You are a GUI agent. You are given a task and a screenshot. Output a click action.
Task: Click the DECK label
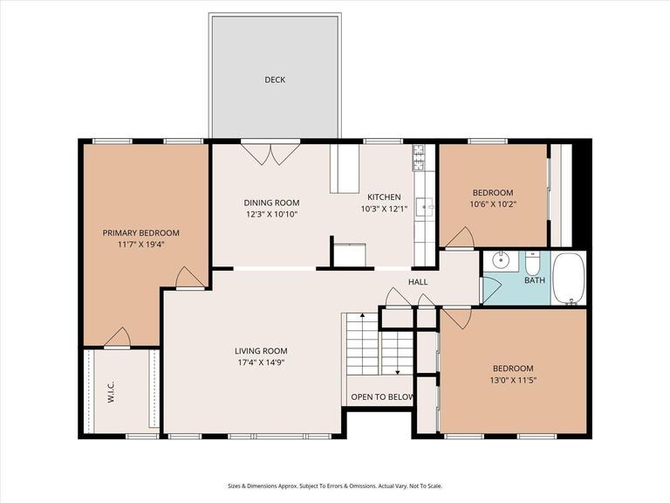pos(275,80)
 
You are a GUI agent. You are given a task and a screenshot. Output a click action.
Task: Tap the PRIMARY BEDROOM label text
pos(140,232)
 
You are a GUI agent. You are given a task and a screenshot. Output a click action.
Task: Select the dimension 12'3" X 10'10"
pos(270,214)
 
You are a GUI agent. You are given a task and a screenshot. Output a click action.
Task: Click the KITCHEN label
pos(384,197)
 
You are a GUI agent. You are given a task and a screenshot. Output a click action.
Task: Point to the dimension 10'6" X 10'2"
pos(493,205)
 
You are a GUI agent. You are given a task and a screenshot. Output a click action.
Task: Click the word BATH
pos(534,280)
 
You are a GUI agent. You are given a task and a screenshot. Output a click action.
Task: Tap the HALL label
pos(418,282)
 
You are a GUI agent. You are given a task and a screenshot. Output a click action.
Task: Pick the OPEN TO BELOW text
pos(381,397)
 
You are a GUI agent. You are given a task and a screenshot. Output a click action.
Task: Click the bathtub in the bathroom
pos(570,278)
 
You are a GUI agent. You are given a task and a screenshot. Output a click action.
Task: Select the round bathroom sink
pos(500,260)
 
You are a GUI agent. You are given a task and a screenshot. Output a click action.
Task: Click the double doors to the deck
pos(270,154)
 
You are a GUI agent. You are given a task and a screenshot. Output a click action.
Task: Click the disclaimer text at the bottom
pos(335,486)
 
